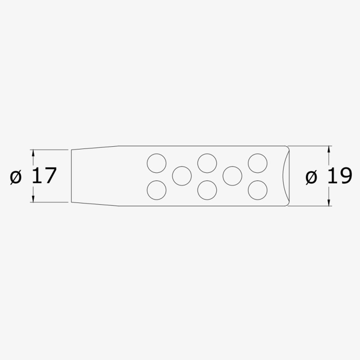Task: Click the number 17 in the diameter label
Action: (x=44, y=176)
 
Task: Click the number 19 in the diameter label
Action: (x=339, y=176)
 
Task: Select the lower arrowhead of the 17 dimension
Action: (x=33, y=199)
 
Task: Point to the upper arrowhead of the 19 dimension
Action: (x=329, y=149)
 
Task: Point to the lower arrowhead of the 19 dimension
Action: (x=329, y=202)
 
